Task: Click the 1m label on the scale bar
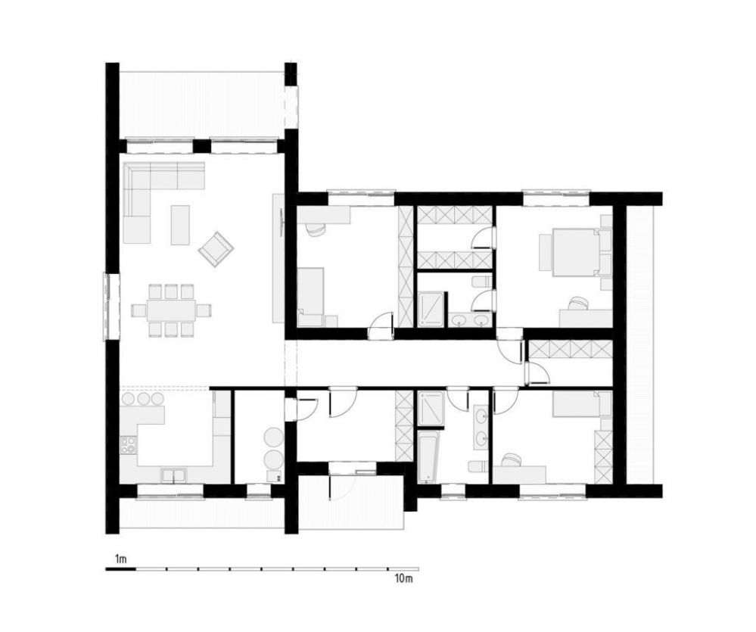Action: point(120,559)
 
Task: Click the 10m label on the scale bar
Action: point(404,578)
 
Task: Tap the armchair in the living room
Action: point(216,248)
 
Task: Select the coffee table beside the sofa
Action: point(180,225)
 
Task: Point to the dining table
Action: point(171,310)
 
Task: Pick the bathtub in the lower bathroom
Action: point(428,457)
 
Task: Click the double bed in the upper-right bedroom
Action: point(574,251)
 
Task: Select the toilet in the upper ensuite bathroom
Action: point(481,282)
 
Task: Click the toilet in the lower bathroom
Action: point(479,467)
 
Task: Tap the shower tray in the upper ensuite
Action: point(431,309)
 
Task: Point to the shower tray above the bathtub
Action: point(431,409)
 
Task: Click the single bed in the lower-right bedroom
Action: point(576,404)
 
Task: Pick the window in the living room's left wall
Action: point(110,307)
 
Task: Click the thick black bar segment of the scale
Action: point(121,569)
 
